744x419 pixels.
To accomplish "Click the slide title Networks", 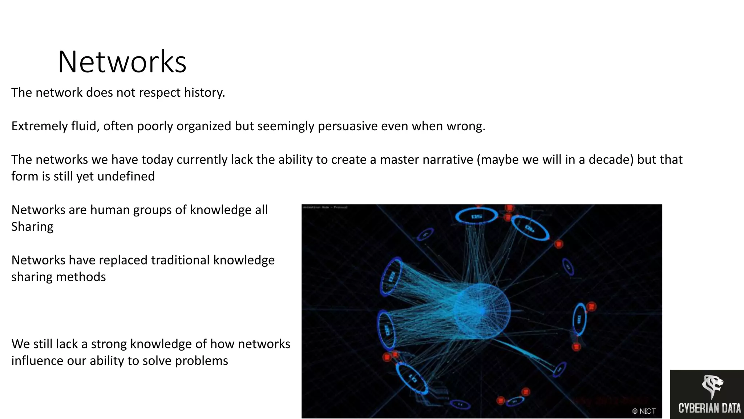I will (122, 62).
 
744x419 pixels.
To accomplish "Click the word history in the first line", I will (204, 92).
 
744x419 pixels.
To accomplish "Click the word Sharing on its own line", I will (32, 227).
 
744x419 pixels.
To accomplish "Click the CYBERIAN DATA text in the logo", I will (709, 408).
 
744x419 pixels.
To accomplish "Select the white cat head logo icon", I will (712, 386).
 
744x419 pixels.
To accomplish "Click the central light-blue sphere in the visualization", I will (482, 311).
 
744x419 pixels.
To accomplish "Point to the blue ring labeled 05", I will (476, 216).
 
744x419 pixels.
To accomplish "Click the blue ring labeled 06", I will (530, 228).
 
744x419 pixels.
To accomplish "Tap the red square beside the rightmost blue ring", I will (591, 307).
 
